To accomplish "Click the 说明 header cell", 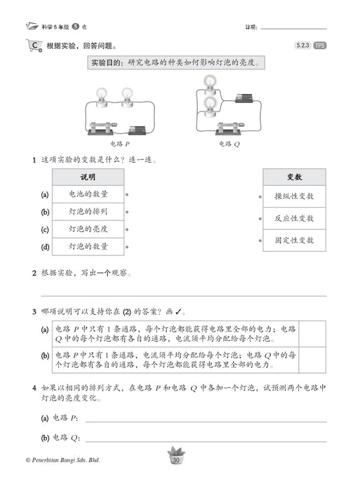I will [x=88, y=177].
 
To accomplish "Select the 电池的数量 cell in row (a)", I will [x=88, y=194].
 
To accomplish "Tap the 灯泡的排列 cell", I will [x=88, y=212].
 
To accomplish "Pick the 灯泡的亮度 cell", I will [x=88, y=229].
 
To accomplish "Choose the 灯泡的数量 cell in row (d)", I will [x=88, y=247].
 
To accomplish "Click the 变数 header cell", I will [x=294, y=177].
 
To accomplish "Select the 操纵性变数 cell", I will [x=294, y=197].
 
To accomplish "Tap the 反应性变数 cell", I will [x=294, y=218].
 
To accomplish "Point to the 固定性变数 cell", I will [x=294, y=240].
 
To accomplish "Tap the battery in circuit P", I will [x=137, y=129].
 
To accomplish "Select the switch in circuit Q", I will [x=226, y=128].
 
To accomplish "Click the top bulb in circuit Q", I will [x=208, y=83].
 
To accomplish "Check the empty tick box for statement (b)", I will [x=312, y=360].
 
